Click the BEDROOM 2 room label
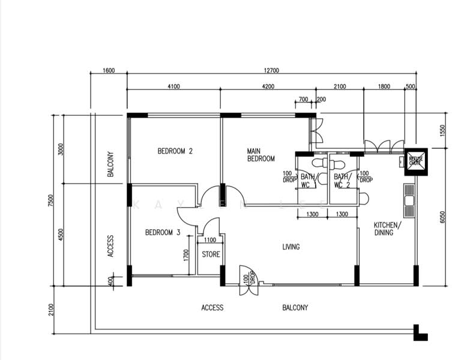point(175,151)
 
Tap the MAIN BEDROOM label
point(261,155)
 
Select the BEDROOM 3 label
point(163,233)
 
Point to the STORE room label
point(210,254)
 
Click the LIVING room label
point(291,247)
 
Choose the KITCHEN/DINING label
point(384,229)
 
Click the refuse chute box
point(415,161)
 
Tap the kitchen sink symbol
point(409,202)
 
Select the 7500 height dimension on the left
point(52,200)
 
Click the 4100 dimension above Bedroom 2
point(173,86)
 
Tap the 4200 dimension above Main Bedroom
point(268,86)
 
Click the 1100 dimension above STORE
point(209,240)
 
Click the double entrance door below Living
point(247,280)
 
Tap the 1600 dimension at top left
point(109,71)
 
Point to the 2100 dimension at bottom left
point(52,309)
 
